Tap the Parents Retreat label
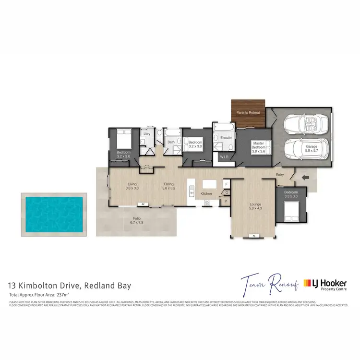tap(248, 112)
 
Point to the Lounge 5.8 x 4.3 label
tap(255, 207)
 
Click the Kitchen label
tap(206, 193)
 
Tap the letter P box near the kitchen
tap(226, 202)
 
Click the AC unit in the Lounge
tap(255, 235)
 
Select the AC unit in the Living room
tap(143, 204)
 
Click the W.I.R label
tap(224, 156)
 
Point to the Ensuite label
tap(226, 138)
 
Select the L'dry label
tap(147, 134)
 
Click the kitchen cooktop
tap(208, 203)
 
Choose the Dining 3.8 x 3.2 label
tap(168, 186)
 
